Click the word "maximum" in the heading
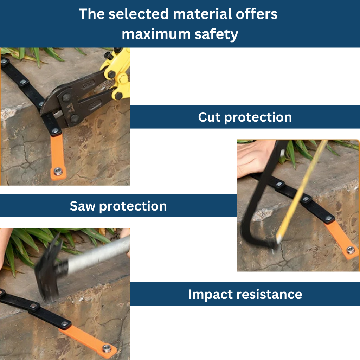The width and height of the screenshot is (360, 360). tap(156, 34)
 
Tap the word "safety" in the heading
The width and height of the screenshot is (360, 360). tap(216, 35)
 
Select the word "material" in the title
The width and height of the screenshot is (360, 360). tap(202, 14)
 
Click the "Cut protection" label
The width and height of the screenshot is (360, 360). tap(245, 117)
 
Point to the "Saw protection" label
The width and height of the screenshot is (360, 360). tap(118, 206)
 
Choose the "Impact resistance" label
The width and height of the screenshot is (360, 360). tap(245, 294)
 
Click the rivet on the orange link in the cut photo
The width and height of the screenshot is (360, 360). tap(58, 171)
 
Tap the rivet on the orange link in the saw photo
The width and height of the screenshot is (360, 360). tap(351, 250)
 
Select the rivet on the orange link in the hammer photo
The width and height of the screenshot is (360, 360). tap(107, 348)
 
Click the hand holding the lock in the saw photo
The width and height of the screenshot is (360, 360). tap(255, 159)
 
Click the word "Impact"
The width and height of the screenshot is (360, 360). tap(210, 295)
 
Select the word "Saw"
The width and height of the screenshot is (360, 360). tap(83, 206)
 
